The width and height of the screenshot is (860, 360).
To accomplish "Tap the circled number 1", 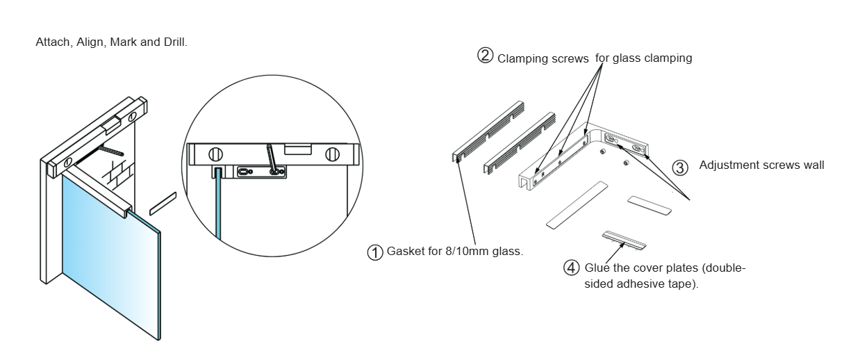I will (x=375, y=252).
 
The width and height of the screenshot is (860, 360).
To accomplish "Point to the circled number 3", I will (x=681, y=167).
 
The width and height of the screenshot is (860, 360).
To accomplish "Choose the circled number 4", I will (x=571, y=267).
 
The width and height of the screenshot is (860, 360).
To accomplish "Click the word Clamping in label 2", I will (x=520, y=58).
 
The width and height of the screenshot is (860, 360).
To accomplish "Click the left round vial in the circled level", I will (x=216, y=154).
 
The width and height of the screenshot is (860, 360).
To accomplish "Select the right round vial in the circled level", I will (x=333, y=154).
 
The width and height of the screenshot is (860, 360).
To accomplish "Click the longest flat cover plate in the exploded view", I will (x=576, y=205).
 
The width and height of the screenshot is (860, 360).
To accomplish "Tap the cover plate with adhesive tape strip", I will (x=624, y=239).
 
